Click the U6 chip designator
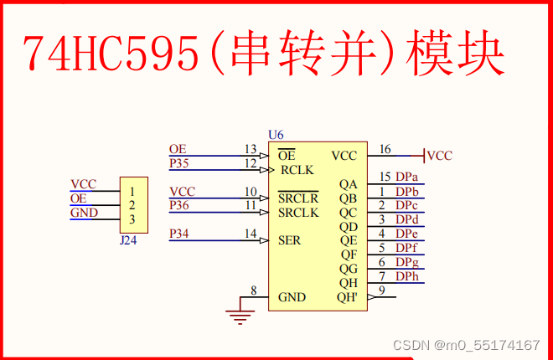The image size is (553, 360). click(276, 135)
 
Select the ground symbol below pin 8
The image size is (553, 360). click(240, 316)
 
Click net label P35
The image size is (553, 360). click(179, 162)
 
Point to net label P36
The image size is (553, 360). click(179, 205)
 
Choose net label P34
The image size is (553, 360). click(179, 233)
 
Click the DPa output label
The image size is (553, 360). click(407, 177)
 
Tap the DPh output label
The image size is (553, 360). click(407, 276)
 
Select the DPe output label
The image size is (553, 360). click(407, 234)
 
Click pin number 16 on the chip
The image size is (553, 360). click(385, 150)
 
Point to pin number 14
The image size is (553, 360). click(250, 234)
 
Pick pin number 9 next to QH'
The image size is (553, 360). click(382, 291)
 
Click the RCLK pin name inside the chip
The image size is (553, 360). click(297, 170)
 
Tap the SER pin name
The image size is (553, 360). click(291, 240)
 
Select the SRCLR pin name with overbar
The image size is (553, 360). click(299, 198)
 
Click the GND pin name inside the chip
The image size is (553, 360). click(292, 297)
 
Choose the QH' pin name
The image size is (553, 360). click(347, 297)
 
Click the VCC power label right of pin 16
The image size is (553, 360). click(439, 156)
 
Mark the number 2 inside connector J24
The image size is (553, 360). click(132, 205)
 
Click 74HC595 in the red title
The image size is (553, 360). click(110, 54)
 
